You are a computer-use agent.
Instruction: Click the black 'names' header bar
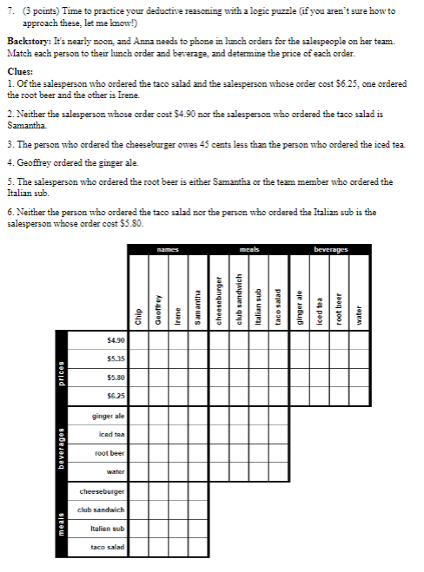coord(168,250)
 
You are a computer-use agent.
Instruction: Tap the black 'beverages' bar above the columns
coord(329,250)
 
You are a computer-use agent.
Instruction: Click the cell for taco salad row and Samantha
coord(197,547)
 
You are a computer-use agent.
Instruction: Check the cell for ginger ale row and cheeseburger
coord(217,416)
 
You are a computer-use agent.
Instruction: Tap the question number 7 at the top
coord(10,10)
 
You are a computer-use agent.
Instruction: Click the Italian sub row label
coord(108,528)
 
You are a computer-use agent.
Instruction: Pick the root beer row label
coord(108,453)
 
